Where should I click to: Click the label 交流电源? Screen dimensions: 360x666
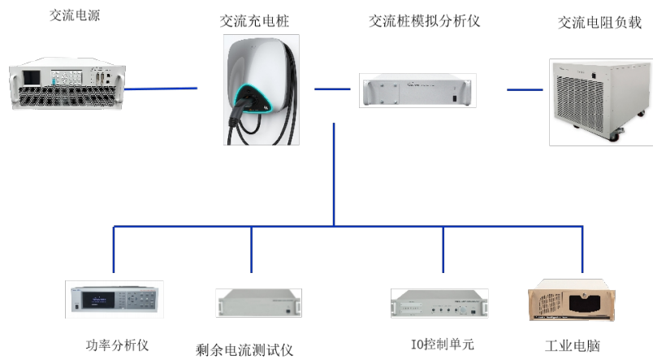point(72,15)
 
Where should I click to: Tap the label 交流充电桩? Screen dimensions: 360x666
point(256,21)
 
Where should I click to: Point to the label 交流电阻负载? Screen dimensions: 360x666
point(599,23)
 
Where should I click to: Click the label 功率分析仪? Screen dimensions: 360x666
point(117,344)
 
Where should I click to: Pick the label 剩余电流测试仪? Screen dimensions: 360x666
point(244,350)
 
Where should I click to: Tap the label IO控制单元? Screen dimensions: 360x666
point(443,345)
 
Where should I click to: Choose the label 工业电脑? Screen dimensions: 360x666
point(573,345)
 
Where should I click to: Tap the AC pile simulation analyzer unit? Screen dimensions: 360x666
point(417,90)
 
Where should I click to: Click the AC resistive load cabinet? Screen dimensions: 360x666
point(601,100)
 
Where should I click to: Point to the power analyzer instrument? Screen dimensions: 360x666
point(114,299)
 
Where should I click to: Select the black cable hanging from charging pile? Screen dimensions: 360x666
point(236,130)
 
